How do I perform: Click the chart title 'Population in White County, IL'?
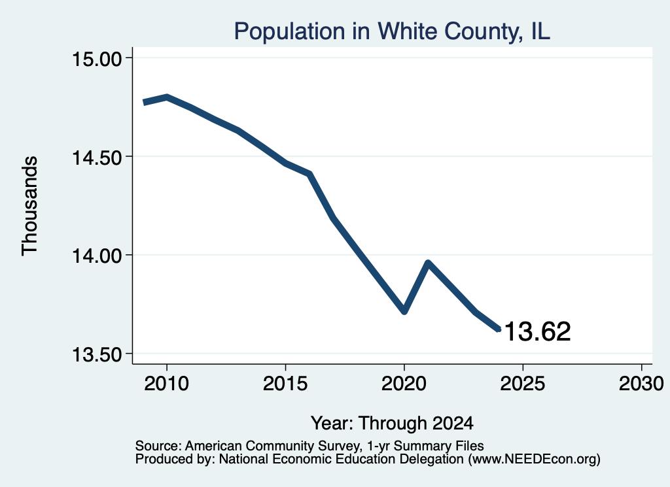(392, 31)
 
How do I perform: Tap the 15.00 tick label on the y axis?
(97, 58)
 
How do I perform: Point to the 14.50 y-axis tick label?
(97, 157)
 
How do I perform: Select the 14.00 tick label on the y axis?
(97, 256)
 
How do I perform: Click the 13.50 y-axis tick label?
(97, 354)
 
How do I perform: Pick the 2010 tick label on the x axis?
(167, 383)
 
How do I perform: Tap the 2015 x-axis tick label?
(285, 383)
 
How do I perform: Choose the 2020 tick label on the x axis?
(404, 383)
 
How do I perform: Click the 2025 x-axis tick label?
(522, 383)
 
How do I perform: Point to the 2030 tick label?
(641, 383)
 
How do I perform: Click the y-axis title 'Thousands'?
(29, 206)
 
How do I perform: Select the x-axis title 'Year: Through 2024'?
(392, 424)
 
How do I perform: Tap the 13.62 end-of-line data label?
(538, 331)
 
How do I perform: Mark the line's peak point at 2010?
(167, 97)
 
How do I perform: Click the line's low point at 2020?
(404, 311)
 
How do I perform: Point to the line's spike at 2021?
(428, 263)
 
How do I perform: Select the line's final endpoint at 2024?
(498, 329)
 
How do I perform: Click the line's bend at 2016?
(309, 174)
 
